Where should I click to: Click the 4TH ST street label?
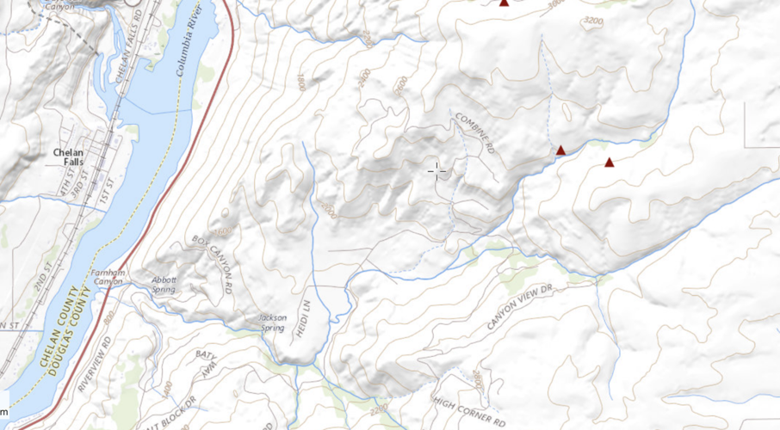pos(63,183)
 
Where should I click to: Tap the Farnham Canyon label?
pos(108,277)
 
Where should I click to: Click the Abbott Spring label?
pos(164,283)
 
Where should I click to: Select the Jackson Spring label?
pos(273,322)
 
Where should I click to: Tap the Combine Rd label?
pos(474,133)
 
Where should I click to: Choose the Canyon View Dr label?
pos(518,309)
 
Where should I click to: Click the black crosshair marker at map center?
pos(437,169)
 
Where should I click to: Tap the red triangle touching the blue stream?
pos(560,150)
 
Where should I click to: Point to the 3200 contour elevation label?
pos(592,21)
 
